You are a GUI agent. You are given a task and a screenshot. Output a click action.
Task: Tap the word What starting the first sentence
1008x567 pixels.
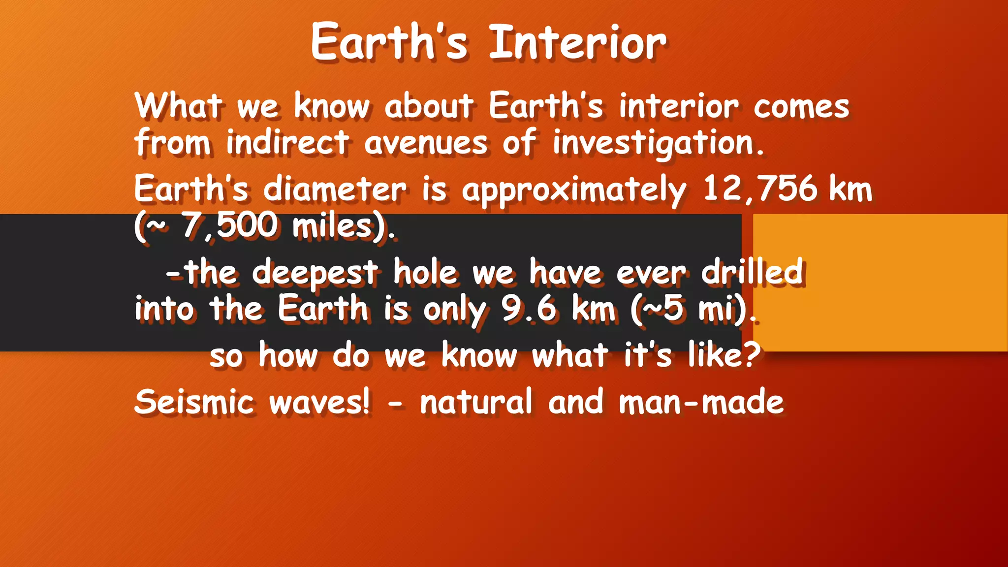(178, 106)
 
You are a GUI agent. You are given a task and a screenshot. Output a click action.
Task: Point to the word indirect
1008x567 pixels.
(287, 143)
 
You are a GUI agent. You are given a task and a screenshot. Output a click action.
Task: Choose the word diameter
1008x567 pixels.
(335, 189)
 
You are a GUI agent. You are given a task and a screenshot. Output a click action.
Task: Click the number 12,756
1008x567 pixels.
(760, 189)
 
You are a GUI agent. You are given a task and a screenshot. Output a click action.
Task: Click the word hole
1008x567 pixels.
(425, 272)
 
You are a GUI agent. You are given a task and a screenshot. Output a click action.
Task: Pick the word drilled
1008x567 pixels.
(753, 271)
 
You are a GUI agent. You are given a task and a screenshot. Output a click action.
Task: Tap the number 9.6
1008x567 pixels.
(529, 309)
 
